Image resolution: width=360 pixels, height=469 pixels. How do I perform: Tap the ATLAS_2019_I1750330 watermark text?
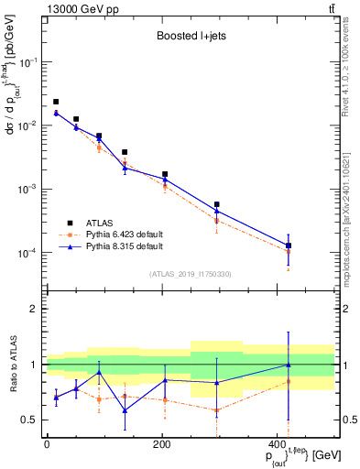pos(191,273)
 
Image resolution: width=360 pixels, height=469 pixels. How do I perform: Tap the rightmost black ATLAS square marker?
pos(289,245)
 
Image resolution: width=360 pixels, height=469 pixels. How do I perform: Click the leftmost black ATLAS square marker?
pos(56,102)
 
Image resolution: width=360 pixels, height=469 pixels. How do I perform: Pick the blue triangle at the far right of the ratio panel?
pos(289,365)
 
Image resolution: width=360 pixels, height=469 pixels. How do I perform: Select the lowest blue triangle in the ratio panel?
pos(125,410)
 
